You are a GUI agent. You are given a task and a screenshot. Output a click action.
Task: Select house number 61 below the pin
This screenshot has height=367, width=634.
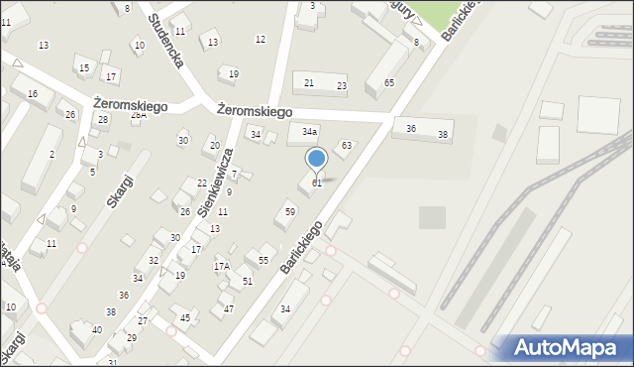pos(317,183)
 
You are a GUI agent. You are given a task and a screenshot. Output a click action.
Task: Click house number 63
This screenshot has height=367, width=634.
pos(346,146)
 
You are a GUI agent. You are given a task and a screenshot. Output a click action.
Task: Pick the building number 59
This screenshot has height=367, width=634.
pos(290,211)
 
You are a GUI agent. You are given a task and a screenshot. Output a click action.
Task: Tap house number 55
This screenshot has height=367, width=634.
pos(263,260)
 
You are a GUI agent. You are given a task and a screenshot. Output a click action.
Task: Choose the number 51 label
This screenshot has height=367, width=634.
pos(248,282)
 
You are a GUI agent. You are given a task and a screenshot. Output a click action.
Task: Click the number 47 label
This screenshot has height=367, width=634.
pos(229,308)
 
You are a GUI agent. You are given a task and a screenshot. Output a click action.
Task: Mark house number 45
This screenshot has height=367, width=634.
pos(185,317)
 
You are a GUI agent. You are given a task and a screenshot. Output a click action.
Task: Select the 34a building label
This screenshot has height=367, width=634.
pos(310,131)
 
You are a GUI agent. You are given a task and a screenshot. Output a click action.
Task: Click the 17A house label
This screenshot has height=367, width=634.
pos(222,266)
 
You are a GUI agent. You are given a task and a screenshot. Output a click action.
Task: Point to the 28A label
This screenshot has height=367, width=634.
pos(139,115)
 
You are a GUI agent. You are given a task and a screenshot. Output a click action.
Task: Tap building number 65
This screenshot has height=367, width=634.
pos(389,82)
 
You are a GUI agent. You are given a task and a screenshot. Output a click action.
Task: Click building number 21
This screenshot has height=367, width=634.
pos(309,83)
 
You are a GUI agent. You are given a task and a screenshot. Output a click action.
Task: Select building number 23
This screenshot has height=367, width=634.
pos(342,86)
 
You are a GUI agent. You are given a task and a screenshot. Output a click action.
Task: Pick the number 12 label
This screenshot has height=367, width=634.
pos(261,39)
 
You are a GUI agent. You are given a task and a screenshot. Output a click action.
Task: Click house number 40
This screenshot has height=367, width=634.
pos(96,329)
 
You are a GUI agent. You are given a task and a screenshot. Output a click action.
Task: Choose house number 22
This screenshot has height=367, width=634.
pos(202,183)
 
